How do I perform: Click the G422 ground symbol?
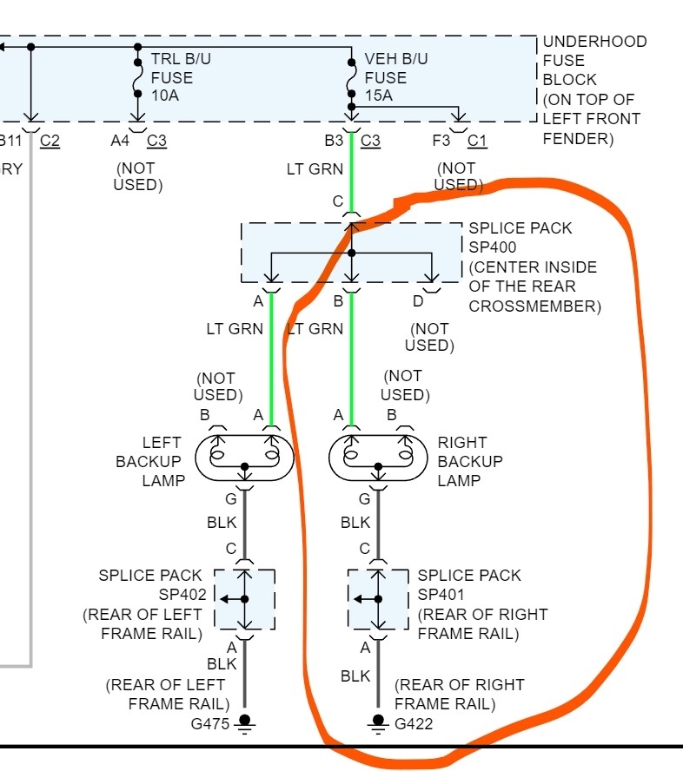click(x=378, y=722)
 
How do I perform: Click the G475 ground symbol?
click(x=244, y=722)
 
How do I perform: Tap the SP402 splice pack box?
click(x=244, y=599)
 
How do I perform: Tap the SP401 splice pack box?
click(x=378, y=599)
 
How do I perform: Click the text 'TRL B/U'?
click(x=180, y=59)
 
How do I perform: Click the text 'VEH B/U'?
click(x=395, y=59)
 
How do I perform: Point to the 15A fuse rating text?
click(x=379, y=96)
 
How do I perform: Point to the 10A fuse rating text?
click(x=165, y=96)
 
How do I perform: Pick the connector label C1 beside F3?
click(x=477, y=141)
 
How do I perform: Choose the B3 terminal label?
click(x=335, y=141)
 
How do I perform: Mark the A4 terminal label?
click(x=121, y=141)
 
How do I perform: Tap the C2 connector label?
click(x=50, y=141)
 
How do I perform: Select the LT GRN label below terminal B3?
click(x=315, y=169)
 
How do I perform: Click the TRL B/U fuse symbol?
click(x=137, y=77)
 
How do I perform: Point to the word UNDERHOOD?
click(x=595, y=42)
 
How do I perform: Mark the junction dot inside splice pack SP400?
click(x=351, y=254)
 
